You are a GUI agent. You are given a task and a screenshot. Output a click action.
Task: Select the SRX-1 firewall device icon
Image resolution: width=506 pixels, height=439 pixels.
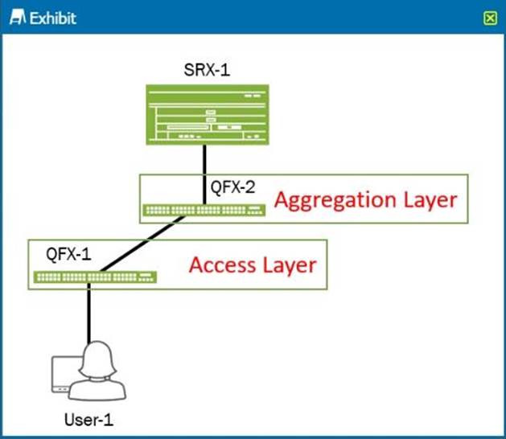coord(206,114)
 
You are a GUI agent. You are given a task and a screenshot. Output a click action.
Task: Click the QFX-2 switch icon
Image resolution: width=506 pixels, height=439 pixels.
coord(204,211)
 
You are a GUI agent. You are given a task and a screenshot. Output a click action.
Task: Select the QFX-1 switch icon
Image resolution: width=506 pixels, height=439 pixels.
coord(96,277)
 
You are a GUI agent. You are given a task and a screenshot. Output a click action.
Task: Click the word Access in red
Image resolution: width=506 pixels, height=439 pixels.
coord(221,264)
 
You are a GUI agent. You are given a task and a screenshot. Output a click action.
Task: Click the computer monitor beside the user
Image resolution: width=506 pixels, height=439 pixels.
coord(60,376)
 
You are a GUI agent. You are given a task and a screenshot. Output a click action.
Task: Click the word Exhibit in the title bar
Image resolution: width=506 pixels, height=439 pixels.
coord(52,17)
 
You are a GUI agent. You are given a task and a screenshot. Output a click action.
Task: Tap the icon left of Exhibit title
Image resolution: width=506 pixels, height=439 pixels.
coord(17,17)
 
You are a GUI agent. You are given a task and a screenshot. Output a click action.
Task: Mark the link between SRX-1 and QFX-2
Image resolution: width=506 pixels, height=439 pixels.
coord(206,165)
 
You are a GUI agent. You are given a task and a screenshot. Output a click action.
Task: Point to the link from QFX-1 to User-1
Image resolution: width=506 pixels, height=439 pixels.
coord(89,314)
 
